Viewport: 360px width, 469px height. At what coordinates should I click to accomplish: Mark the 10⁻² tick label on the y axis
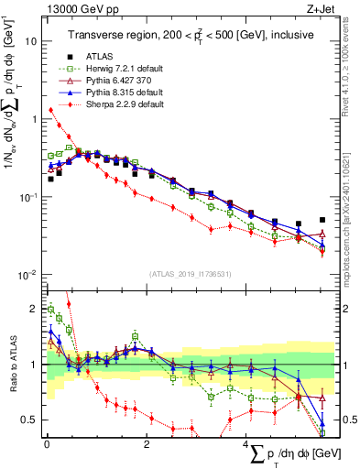point(27,275)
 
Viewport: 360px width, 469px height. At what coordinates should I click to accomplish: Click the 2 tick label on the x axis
point(147,442)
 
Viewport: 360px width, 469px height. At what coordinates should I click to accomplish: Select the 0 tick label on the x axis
point(47,442)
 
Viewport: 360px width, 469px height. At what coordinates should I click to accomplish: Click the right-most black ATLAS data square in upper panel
point(322,221)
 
